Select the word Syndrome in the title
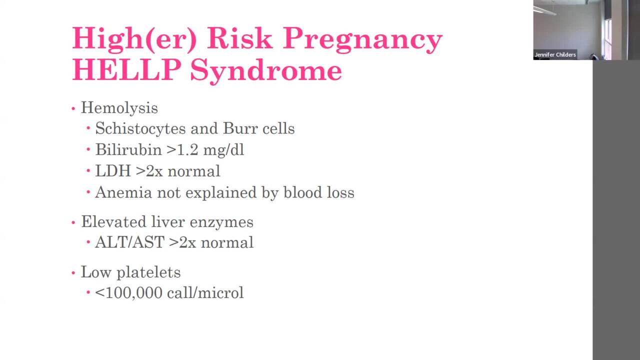(265, 70)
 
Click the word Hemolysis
(119, 108)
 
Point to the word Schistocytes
(140, 128)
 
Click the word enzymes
(228, 222)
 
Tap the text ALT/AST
(129, 242)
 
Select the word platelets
(148, 272)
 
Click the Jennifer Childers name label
(555, 55)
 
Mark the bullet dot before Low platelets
(73, 272)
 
